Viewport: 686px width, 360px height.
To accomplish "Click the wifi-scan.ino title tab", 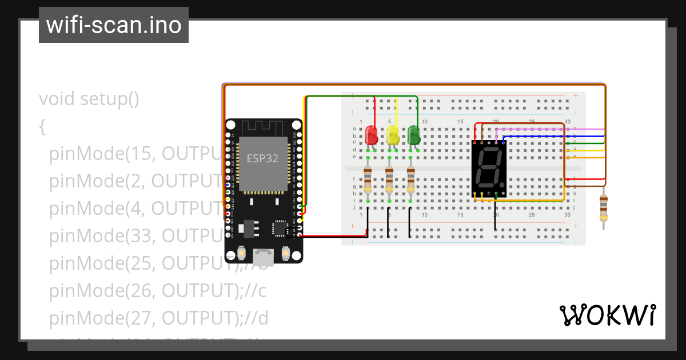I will click(113, 25).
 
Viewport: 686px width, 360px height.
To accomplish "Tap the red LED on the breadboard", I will click(371, 135).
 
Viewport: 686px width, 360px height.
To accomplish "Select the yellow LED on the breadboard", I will click(393, 135).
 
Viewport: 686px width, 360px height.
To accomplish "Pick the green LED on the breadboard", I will click(414, 135).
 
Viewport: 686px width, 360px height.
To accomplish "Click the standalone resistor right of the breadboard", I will click(603, 207).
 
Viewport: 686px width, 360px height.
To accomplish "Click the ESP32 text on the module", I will click(262, 158).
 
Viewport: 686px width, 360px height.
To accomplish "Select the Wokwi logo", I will click(607, 315).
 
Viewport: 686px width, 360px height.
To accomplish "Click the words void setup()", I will click(89, 99).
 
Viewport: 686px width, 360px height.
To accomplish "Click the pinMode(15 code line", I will click(131, 154).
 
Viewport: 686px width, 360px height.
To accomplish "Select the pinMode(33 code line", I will click(131, 235).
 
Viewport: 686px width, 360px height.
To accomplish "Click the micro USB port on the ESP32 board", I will click(264, 255).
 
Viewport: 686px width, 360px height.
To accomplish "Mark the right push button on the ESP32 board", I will click(286, 252).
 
